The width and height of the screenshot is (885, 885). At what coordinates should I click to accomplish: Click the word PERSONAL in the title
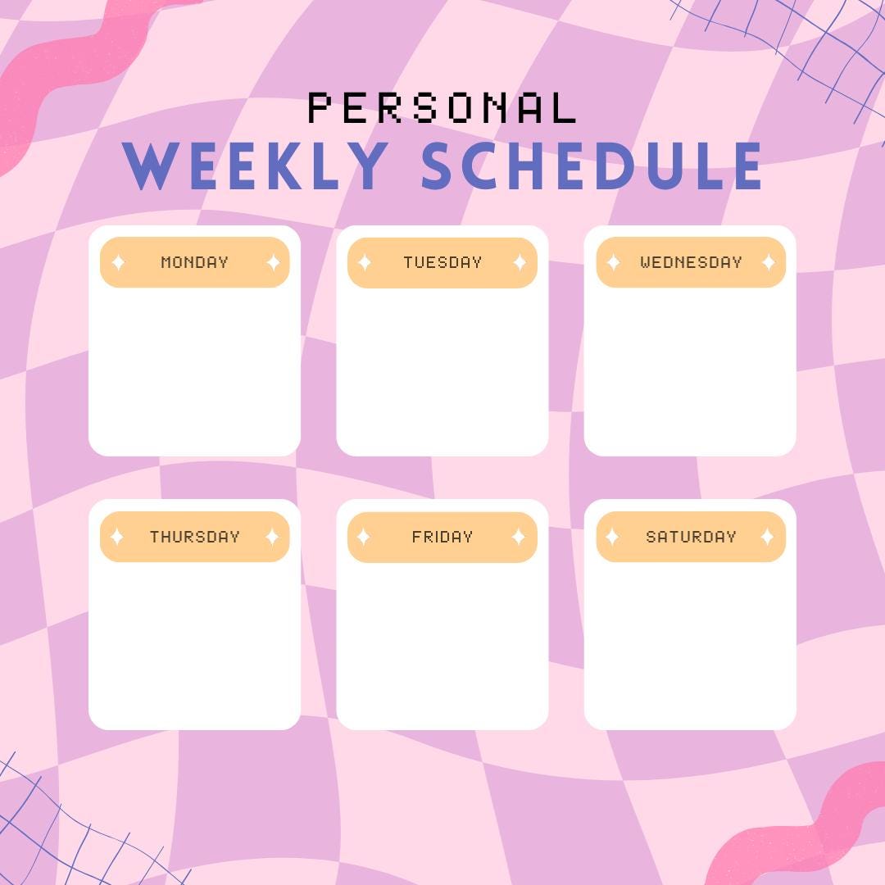[x=442, y=108]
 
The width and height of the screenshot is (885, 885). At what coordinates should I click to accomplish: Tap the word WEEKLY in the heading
[x=256, y=166]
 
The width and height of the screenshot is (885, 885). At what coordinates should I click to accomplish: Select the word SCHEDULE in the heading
[x=592, y=166]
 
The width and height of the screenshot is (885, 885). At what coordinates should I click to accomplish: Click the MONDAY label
[x=194, y=262]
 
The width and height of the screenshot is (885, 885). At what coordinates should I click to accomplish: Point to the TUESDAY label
[x=442, y=262]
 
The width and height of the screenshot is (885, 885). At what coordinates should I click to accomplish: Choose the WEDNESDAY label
[x=691, y=262]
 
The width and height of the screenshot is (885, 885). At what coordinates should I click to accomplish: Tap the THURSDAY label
[x=194, y=537]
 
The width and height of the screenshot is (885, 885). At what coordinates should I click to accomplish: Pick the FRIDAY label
[x=442, y=537]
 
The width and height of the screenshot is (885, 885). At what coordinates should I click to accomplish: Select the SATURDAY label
[x=691, y=537]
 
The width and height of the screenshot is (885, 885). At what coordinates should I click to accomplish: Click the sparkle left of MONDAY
[x=118, y=262]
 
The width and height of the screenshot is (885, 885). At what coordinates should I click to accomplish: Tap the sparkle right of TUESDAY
[x=520, y=262]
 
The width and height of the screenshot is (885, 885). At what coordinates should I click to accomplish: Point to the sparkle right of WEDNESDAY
[x=769, y=262]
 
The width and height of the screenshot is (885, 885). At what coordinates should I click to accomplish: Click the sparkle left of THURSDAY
[x=117, y=537]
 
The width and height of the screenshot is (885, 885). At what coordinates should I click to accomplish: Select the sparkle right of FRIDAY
[x=519, y=537]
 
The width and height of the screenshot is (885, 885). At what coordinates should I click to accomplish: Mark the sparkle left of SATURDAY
[x=612, y=537]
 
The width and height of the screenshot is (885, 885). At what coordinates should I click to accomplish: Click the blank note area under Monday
[x=194, y=369]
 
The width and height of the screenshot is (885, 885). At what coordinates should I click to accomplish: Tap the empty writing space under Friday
[x=442, y=643]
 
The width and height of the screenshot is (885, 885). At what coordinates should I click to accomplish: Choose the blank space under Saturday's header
[x=690, y=643]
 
